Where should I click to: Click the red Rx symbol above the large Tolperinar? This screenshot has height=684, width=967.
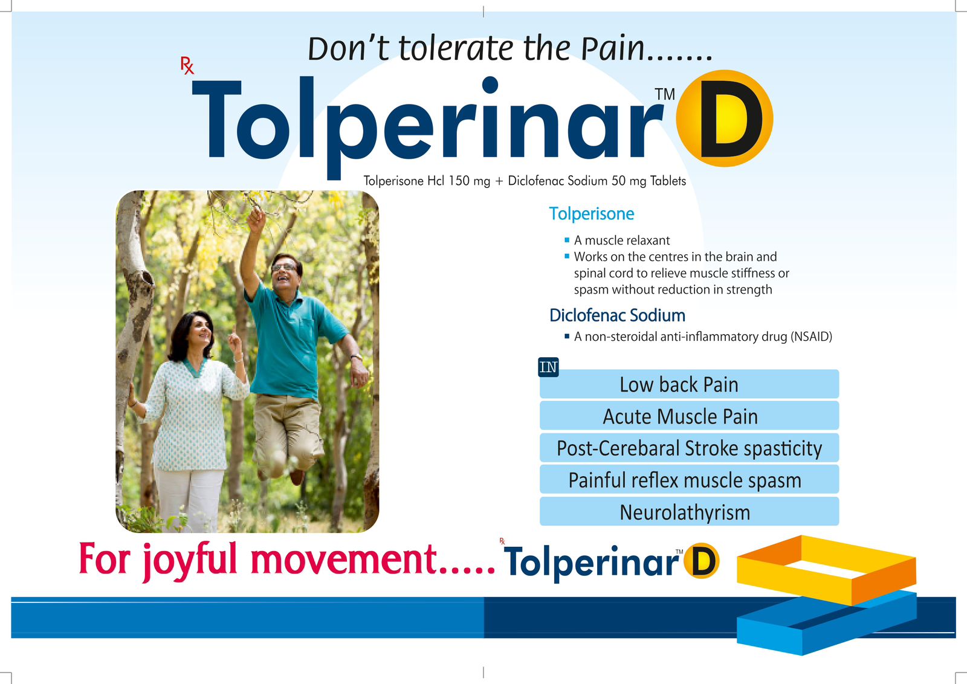click(187, 66)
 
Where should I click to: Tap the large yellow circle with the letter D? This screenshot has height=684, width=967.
click(725, 118)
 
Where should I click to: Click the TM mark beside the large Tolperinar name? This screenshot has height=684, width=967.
click(665, 94)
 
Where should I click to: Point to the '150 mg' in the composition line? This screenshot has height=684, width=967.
click(469, 181)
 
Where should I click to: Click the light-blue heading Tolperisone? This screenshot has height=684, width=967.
click(592, 214)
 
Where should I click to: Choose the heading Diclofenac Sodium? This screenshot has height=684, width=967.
click(617, 315)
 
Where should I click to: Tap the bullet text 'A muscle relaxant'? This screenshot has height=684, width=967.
click(622, 240)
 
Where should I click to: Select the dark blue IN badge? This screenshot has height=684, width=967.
click(548, 367)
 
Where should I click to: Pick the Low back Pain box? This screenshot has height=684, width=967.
click(689, 384)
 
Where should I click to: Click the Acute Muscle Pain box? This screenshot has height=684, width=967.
click(689, 416)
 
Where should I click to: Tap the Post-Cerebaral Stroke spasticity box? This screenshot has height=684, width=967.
click(689, 448)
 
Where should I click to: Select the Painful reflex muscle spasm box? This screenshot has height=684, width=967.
click(689, 479)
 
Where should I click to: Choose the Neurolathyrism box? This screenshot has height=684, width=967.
click(689, 511)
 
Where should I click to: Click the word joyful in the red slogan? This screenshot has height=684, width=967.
click(191, 561)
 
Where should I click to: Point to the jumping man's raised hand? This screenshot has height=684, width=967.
click(257, 217)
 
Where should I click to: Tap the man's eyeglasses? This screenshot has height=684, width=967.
click(284, 268)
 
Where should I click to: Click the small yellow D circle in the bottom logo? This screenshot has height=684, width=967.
click(702, 561)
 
